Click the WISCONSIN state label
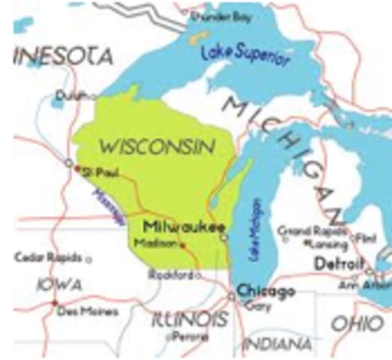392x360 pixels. click(x=155, y=145)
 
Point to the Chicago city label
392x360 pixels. click(x=263, y=290)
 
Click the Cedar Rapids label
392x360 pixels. click(x=48, y=258)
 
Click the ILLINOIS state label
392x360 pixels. click(x=188, y=320)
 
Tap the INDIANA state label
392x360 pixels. click(x=278, y=344)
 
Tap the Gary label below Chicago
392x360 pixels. click(x=260, y=304)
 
